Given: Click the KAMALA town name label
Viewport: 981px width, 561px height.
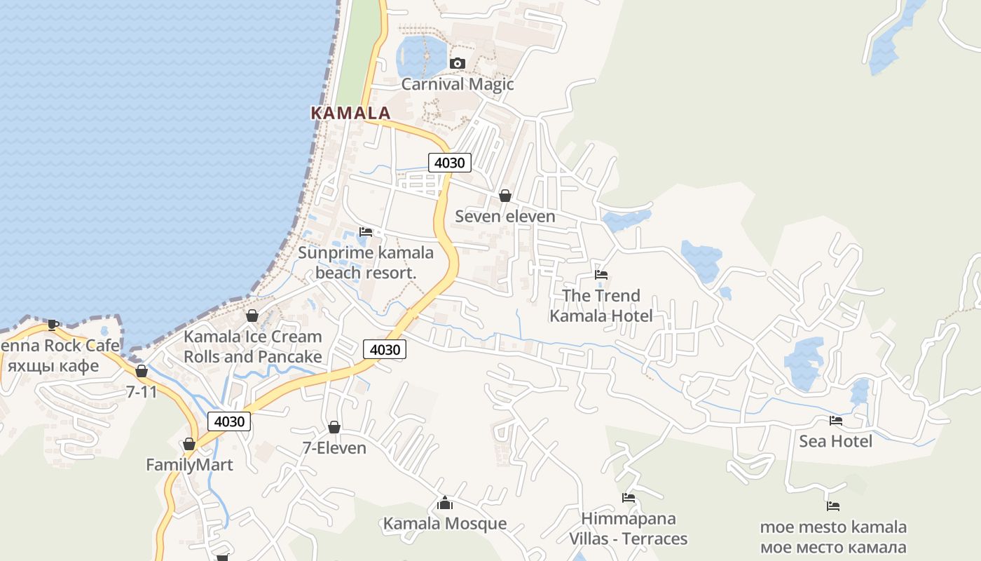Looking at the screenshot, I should [x=350, y=113].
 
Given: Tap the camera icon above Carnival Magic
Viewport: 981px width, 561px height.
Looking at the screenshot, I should [x=458, y=64].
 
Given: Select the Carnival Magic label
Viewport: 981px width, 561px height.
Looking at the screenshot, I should [x=458, y=84].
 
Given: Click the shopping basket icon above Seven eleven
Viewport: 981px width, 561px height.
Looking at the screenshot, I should [x=505, y=196].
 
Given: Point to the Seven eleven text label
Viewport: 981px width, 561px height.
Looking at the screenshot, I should [x=505, y=216].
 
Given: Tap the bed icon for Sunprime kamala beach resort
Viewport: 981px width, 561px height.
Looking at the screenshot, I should [x=366, y=231].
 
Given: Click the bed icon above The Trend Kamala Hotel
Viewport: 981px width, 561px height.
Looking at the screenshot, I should [x=601, y=275].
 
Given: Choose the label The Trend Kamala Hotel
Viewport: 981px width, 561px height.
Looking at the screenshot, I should [x=601, y=306].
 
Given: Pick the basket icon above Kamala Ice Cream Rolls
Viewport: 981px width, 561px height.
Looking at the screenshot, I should [x=252, y=316].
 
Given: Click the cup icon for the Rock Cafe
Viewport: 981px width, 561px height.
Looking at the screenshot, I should [x=53, y=324].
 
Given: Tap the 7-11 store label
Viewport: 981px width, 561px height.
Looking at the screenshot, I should [x=142, y=392].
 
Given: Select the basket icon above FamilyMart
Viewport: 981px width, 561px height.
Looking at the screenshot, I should [x=189, y=444].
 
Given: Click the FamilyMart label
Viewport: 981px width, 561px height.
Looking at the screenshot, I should [x=189, y=464].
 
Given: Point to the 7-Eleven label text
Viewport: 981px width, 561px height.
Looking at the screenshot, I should [x=334, y=447].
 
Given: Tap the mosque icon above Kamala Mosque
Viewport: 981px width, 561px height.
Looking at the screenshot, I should [x=445, y=503].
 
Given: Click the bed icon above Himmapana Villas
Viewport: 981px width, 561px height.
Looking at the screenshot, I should [x=629, y=498].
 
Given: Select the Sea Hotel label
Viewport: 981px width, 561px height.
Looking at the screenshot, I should [x=836, y=441].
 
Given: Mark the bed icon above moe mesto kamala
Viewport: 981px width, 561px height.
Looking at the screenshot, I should [x=833, y=506].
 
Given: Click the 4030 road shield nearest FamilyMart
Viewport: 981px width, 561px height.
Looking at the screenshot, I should [x=229, y=421].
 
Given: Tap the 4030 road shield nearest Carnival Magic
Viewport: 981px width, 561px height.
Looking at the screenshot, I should [x=449, y=163].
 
